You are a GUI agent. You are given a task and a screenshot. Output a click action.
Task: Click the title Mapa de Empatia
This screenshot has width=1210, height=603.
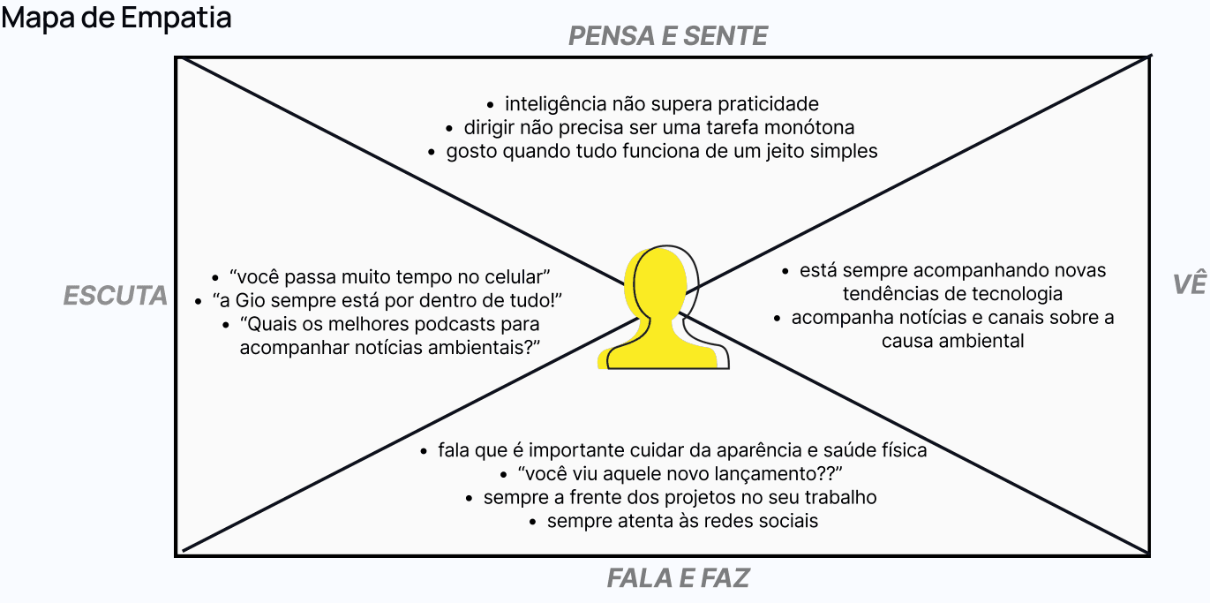pos(116,18)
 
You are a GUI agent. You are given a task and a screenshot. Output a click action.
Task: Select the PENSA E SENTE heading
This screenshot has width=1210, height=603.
pos(668,36)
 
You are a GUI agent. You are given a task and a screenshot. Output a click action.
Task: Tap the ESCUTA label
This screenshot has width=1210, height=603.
pos(116,296)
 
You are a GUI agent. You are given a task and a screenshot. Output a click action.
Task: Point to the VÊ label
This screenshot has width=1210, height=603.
pos(1189,284)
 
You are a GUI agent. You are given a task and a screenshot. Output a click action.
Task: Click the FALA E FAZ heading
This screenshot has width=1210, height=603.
pos(678,578)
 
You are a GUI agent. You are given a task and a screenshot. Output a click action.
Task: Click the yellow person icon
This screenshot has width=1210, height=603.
pos(662,309)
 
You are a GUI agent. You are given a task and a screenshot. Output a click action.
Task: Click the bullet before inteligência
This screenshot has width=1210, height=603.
pos(491,104)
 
